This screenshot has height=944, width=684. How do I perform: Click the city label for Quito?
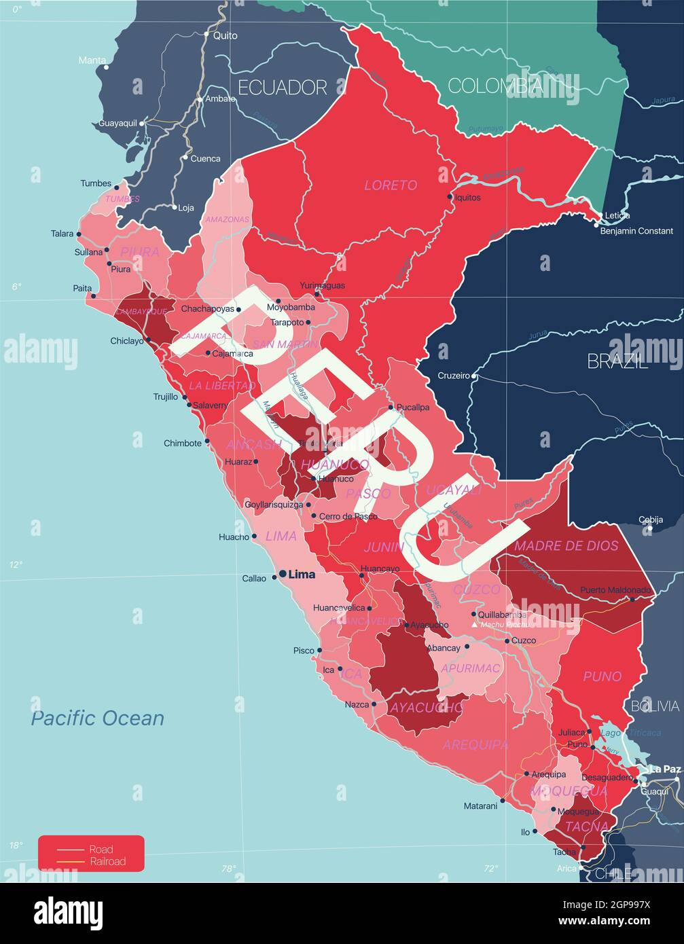[225, 35]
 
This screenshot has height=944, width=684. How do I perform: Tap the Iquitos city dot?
[450, 197]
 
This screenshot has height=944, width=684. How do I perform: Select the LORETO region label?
[391, 185]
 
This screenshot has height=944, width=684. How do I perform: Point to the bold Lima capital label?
[302, 575]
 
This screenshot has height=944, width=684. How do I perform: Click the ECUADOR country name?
[282, 87]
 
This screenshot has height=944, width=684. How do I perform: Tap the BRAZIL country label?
[617, 361]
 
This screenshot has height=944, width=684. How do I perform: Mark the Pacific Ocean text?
[98, 718]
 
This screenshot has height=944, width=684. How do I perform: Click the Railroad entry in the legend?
[107, 861]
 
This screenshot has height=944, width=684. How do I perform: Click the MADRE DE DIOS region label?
[566, 545]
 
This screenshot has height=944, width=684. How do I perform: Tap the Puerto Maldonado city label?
[615, 590]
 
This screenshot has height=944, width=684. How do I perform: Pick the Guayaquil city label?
[118, 124]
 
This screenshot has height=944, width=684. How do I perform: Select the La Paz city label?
[665, 769]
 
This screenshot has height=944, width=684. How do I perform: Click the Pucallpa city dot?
[391, 407]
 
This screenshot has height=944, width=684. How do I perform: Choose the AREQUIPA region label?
[475, 745]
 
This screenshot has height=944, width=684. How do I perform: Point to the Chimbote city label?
[182, 443]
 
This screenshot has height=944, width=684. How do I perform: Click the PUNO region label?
[602, 676]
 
